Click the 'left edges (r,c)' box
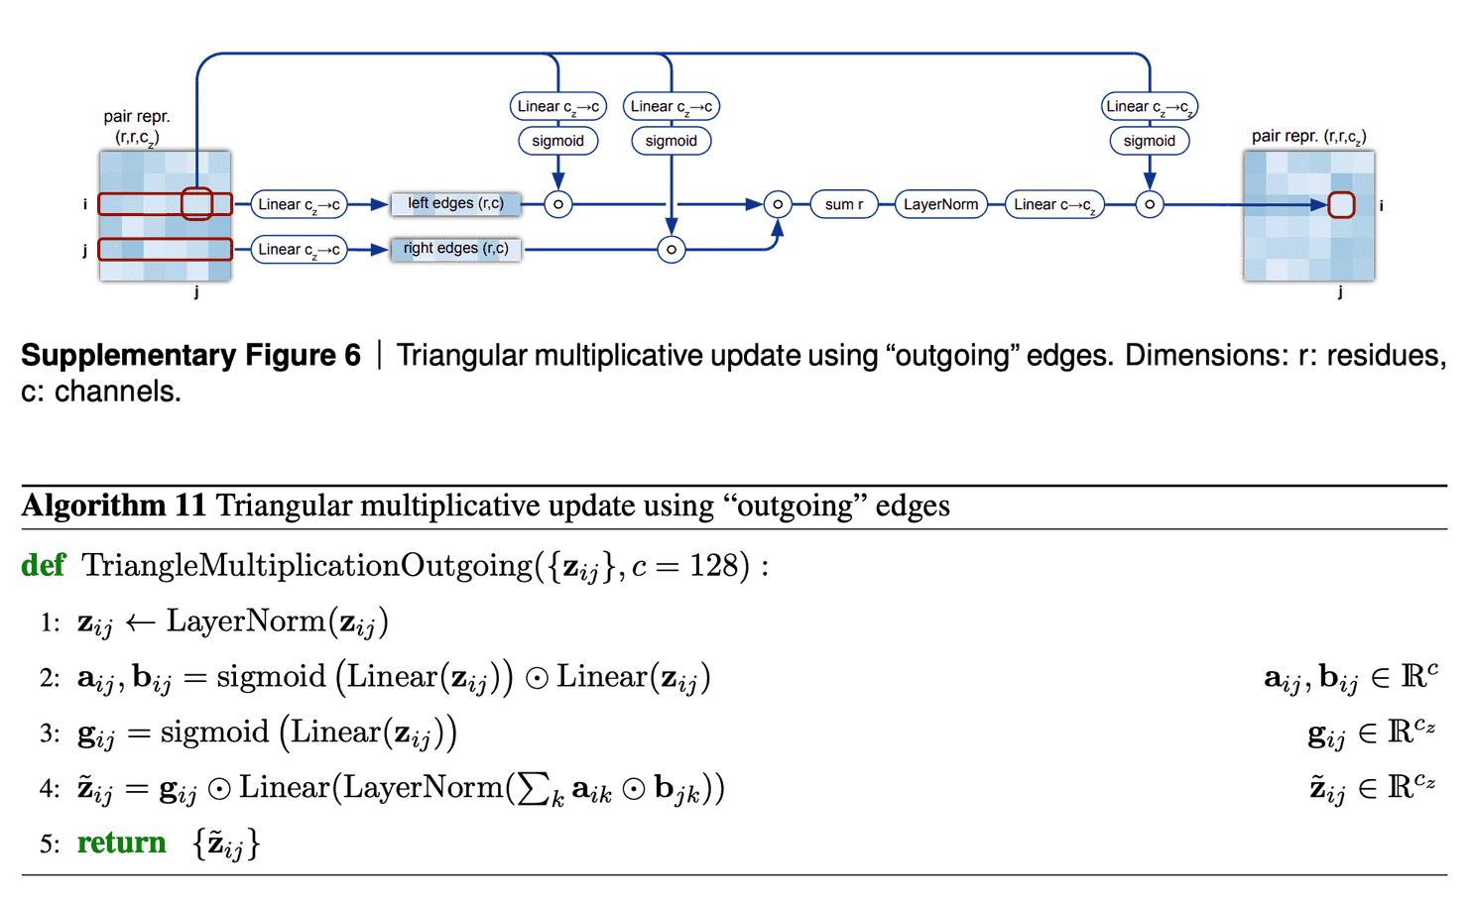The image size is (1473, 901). pos(455,204)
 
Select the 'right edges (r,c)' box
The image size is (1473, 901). pos(455,249)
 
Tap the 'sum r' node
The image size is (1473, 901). pos(843,204)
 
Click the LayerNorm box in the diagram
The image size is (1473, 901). pos(940,204)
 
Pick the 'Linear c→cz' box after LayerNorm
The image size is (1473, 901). pos(1053,204)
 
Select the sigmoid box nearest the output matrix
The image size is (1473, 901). pos(1149,141)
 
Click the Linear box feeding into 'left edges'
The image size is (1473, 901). pos(299,204)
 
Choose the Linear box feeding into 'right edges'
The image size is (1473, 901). pos(299,250)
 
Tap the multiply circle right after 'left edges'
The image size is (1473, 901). pos(558,205)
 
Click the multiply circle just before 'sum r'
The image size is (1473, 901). pos(778,205)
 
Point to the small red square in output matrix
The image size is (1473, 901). pos(1341,205)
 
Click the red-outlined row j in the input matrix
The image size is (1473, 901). pos(165,249)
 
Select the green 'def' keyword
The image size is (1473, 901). pos(44,566)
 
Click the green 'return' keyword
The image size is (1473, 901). pos(121,843)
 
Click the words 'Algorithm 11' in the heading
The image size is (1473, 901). pos(113,506)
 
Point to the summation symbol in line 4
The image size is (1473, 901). pos(535,789)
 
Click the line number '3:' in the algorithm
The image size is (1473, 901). pos(50,733)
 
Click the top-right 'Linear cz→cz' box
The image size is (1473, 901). pos(1149,106)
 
